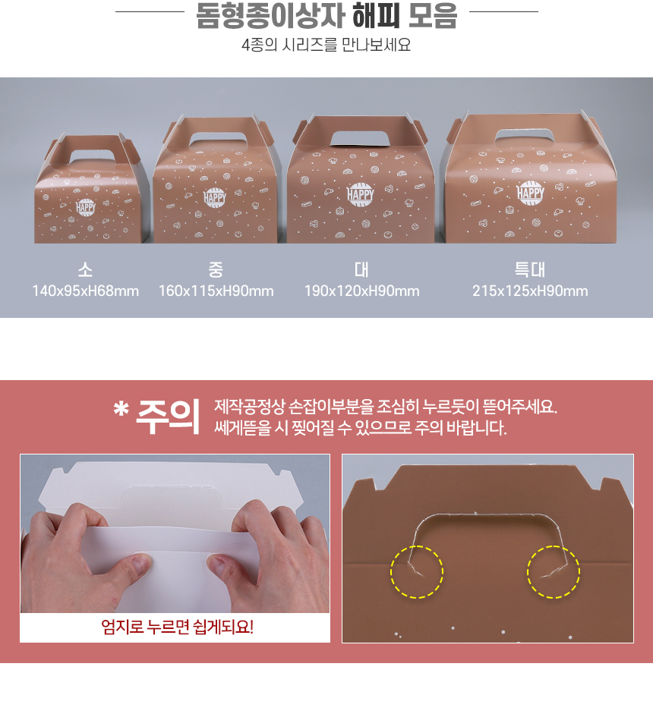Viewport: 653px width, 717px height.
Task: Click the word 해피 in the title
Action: (x=376, y=16)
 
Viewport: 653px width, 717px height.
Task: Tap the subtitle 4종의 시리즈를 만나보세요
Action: (x=326, y=45)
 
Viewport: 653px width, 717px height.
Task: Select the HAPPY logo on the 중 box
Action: (x=215, y=197)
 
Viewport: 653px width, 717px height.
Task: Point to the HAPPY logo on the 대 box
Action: (x=361, y=194)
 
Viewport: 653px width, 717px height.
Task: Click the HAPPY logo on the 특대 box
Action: (x=530, y=193)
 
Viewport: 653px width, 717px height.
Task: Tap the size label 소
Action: (x=86, y=270)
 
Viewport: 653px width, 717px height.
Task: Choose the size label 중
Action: (x=216, y=270)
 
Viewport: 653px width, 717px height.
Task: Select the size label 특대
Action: (x=530, y=270)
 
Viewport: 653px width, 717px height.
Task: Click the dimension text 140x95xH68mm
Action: (x=86, y=291)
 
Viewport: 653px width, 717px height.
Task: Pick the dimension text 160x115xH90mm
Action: (x=216, y=291)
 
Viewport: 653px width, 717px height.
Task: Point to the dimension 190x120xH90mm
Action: (x=362, y=291)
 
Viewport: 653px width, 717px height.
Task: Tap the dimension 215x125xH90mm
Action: (x=530, y=291)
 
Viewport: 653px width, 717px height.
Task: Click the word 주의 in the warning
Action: (x=168, y=417)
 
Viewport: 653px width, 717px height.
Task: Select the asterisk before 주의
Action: (x=121, y=409)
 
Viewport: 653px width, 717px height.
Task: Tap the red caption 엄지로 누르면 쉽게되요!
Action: (x=177, y=627)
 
